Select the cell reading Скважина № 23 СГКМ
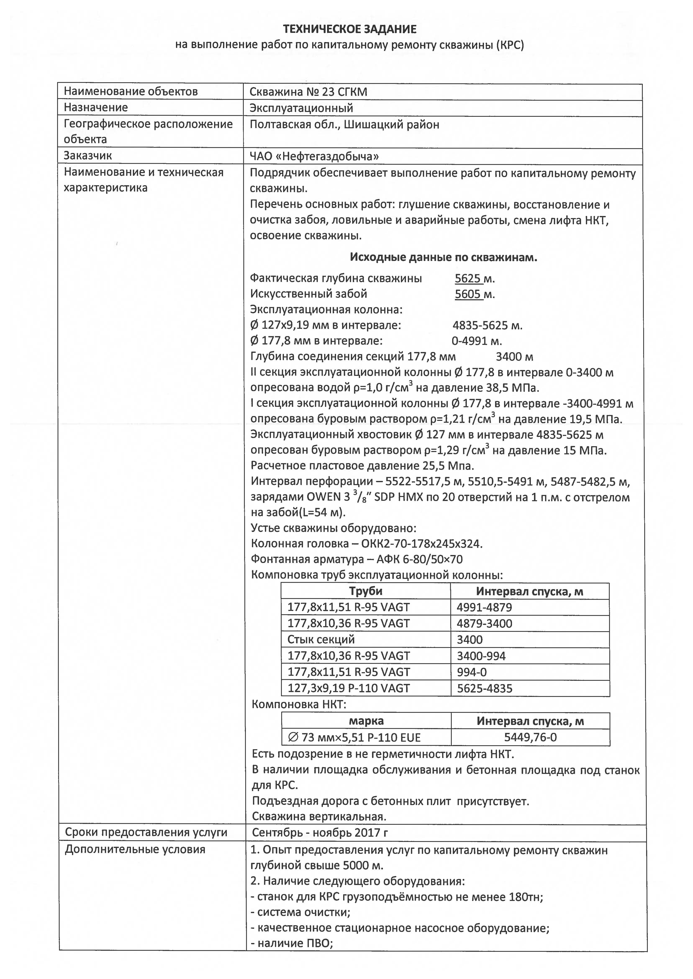click(308, 92)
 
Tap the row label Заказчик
click(88, 156)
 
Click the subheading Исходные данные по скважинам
click(443, 257)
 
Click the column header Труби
click(366, 591)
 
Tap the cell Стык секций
click(321, 639)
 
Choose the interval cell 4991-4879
click(484, 607)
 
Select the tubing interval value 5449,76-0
click(530, 737)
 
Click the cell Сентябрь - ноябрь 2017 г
click(320, 833)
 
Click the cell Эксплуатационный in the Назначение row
click(301, 108)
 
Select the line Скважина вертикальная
click(319, 816)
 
